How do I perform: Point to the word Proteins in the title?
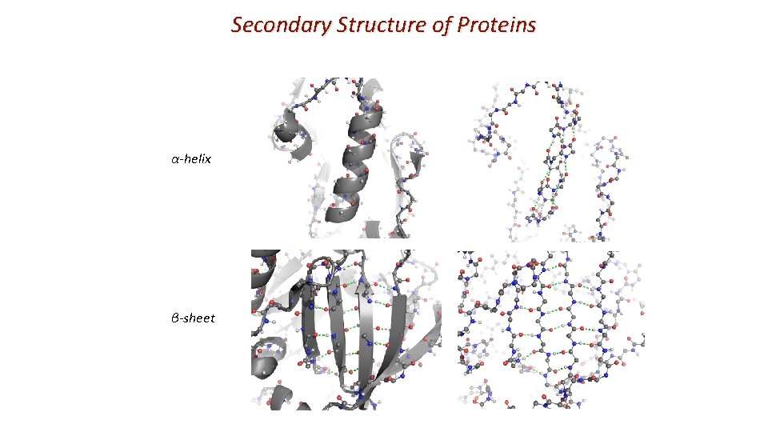497,26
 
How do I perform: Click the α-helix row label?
191,158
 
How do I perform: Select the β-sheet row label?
193,318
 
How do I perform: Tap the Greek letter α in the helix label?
174,158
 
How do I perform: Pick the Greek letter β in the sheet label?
174,318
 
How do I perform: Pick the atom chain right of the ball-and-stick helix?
608,184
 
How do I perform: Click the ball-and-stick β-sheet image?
552,330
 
